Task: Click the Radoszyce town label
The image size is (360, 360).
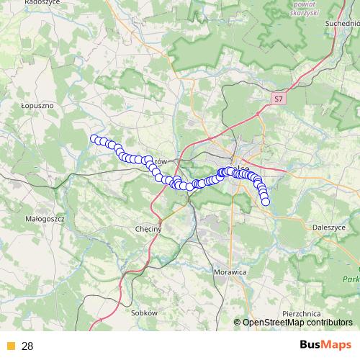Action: coord(40,3)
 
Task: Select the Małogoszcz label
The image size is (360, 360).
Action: coord(45,216)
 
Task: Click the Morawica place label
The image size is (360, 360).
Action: coord(230,272)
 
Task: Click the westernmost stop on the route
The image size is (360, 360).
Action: coord(94,138)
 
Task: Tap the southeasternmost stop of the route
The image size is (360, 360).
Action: coord(266,202)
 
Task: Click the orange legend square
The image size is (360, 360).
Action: coord(10,346)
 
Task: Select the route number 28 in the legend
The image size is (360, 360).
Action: coord(27,346)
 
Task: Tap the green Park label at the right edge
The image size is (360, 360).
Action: coord(351,279)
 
